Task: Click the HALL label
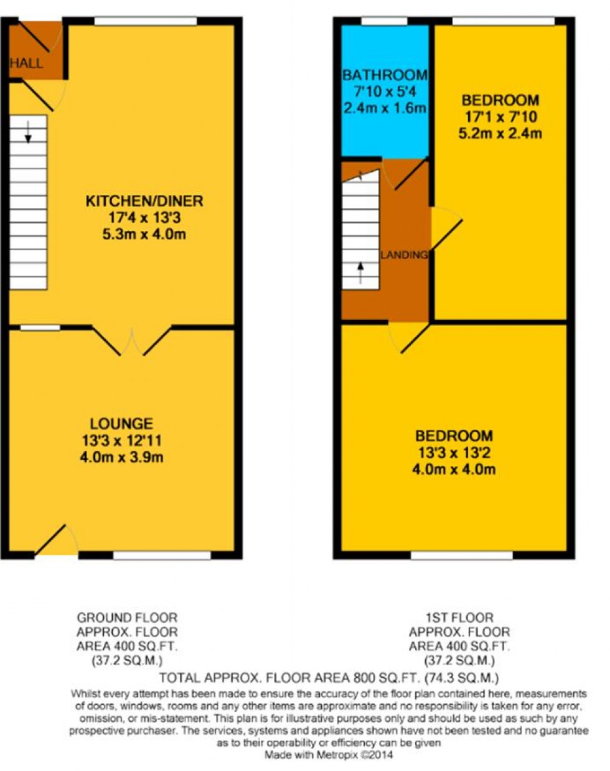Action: (26, 63)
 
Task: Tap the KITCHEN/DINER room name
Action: (144, 201)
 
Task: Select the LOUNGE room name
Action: (121, 424)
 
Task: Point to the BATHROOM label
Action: (385, 75)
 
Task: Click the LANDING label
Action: (404, 255)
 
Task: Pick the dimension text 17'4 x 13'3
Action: (144, 218)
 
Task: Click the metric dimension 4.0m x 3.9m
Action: (121, 457)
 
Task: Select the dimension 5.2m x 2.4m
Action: (500, 134)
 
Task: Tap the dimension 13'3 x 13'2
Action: (454, 453)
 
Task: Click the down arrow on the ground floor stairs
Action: (28, 132)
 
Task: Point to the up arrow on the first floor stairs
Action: (360, 273)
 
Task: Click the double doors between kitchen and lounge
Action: (132, 341)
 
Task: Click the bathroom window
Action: (384, 21)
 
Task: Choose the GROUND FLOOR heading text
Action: (127, 618)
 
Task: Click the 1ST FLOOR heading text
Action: (459, 618)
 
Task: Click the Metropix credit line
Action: (329, 755)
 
